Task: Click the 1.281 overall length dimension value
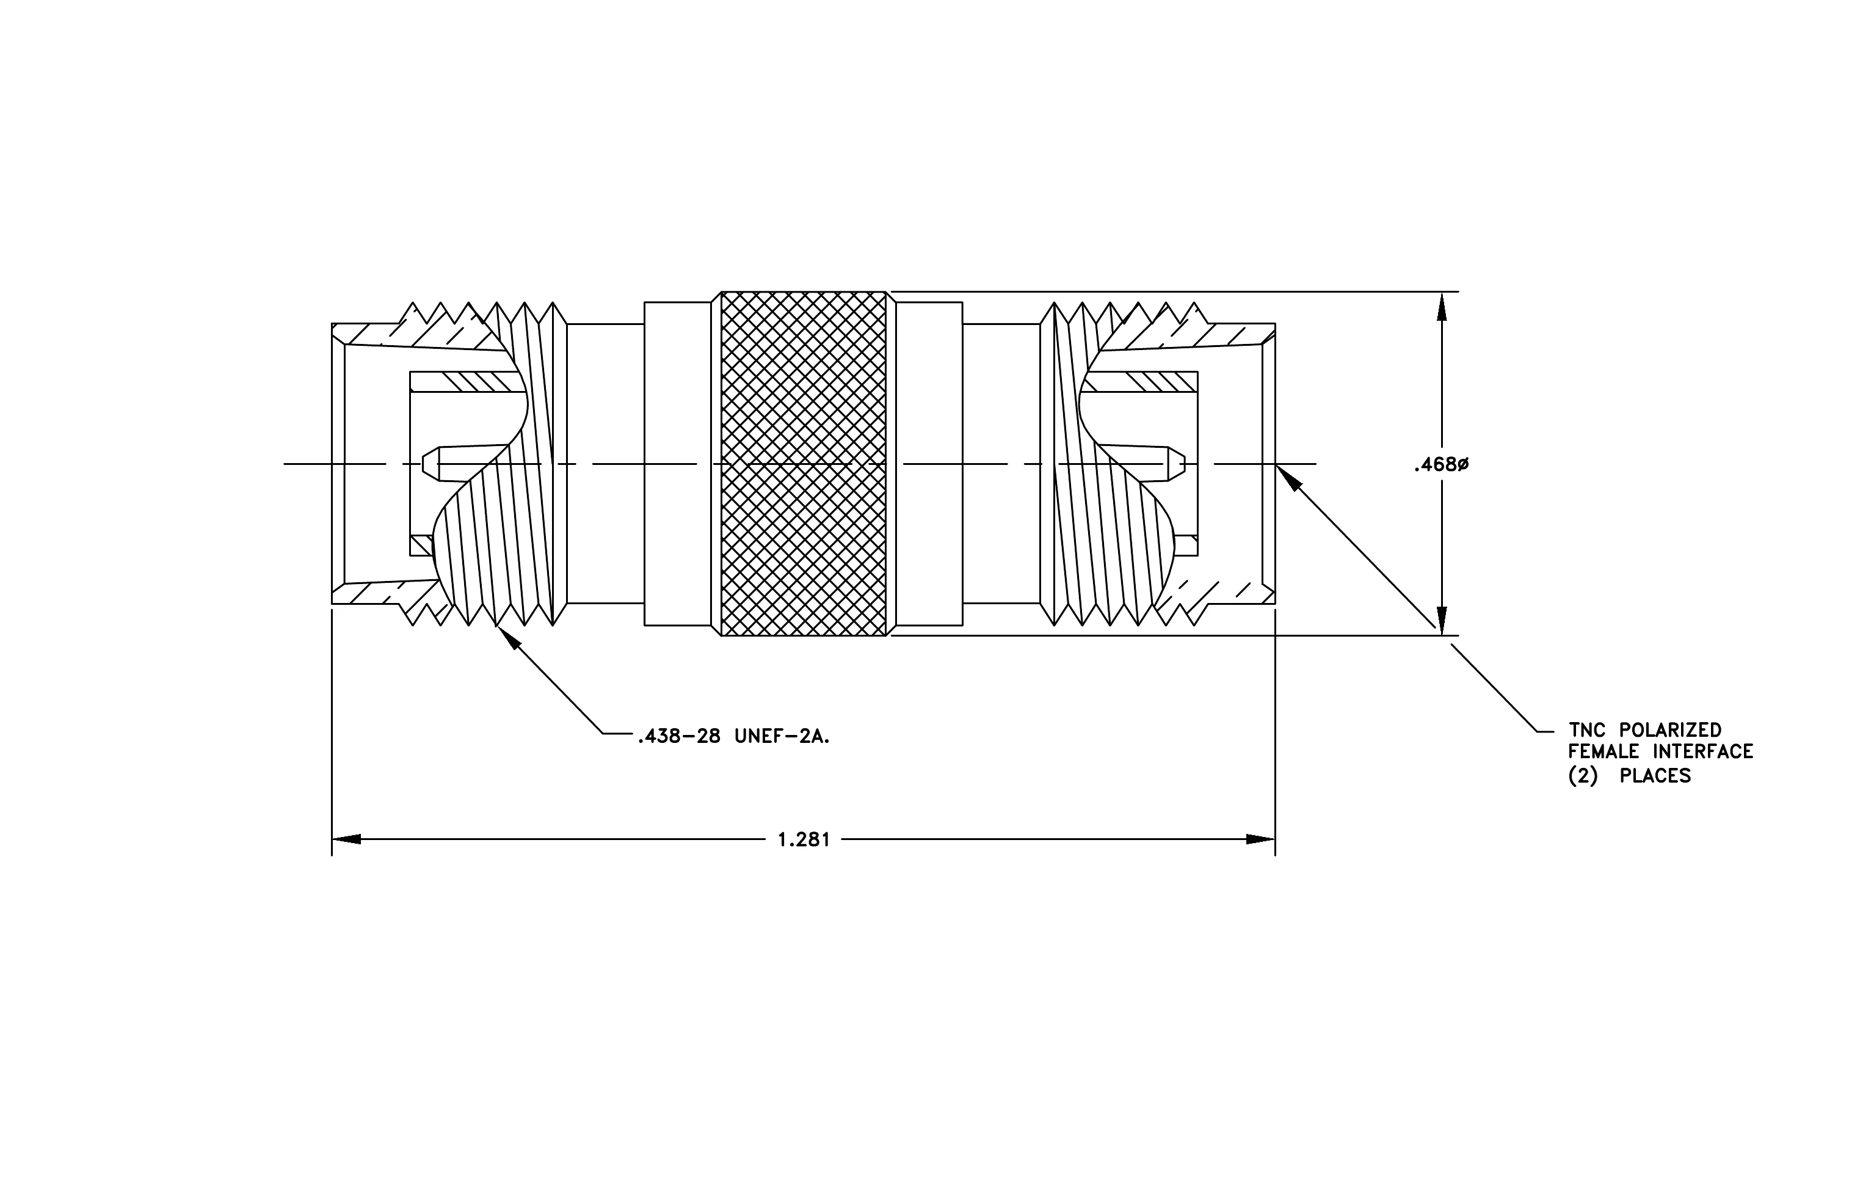coord(804,840)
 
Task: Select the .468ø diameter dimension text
coord(1440,465)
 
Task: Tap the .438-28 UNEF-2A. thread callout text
coord(734,736)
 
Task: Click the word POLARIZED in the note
coord(1670,730)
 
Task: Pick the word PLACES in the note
coord(1655,776)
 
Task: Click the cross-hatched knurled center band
coord(803,464)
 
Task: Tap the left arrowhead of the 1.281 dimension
coord(346,839)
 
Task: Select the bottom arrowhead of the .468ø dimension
coord(1441,621)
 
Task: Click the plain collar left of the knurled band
coord(677,464)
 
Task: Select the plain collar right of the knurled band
coord(929,464)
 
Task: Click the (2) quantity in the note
coord(1583,776)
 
